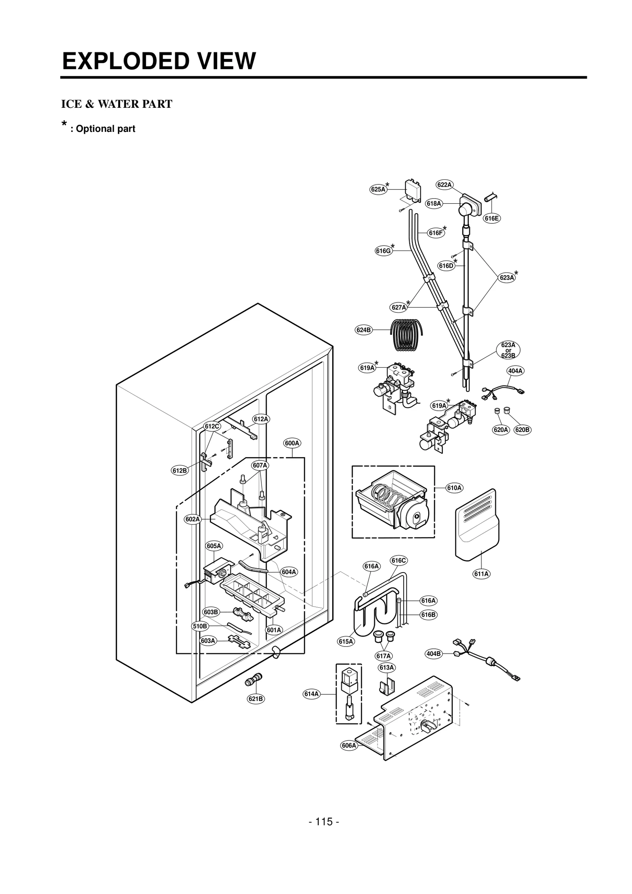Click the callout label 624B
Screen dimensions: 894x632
point(364,330)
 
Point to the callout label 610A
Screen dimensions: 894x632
point(454,488)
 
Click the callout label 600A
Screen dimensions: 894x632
point(292,443)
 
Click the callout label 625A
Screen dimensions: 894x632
point(378,189)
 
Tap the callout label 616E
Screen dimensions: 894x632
point(492,218)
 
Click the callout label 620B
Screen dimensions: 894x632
point(522,430)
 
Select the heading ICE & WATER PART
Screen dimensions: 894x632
point(117,104)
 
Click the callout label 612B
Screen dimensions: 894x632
point(180,470)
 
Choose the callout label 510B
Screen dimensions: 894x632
point(199,626)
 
